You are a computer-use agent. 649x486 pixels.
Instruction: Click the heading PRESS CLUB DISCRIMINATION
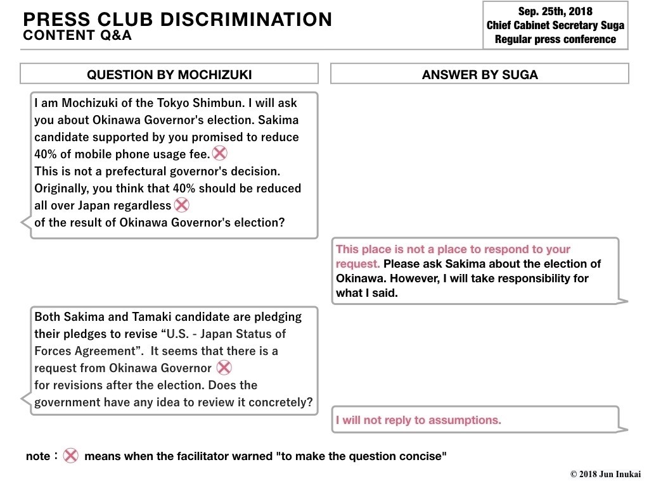click(177, 20)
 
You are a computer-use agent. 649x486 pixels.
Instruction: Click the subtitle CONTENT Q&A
click(77, 36)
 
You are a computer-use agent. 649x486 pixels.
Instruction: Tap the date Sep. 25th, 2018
click(555, 12)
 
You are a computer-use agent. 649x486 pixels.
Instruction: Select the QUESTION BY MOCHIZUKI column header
click(169, 75)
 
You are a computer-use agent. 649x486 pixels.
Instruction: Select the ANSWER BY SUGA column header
click(480, 75)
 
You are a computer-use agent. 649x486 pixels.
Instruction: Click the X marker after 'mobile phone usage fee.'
click(219, 153)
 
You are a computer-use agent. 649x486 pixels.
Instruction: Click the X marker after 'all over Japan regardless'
click(181, 204)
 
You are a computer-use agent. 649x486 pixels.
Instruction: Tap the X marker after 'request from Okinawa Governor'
click(224, 367)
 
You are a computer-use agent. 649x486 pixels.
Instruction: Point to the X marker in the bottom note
click(70, 456)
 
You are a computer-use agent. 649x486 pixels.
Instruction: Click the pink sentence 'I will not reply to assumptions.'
click(418, 420)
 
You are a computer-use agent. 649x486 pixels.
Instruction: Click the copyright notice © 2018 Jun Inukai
click(605, 474)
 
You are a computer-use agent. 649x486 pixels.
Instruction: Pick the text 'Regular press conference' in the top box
click(555, 39)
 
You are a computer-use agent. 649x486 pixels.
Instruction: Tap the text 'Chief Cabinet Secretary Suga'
click(555, 25)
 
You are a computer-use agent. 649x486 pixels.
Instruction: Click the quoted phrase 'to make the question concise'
click(361, 456)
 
